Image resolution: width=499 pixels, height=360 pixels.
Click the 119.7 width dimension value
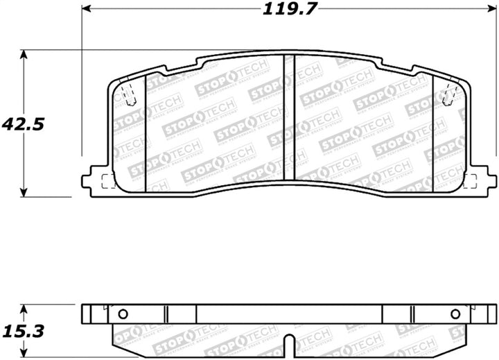tap(282, 10)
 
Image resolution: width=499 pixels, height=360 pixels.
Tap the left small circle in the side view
tap(123, 314)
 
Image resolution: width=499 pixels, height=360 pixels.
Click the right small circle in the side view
tap(455, 314)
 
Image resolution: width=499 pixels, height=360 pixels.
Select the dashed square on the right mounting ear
tap(469, 182)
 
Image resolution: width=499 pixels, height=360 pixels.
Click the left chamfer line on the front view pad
tap(145, 132)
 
